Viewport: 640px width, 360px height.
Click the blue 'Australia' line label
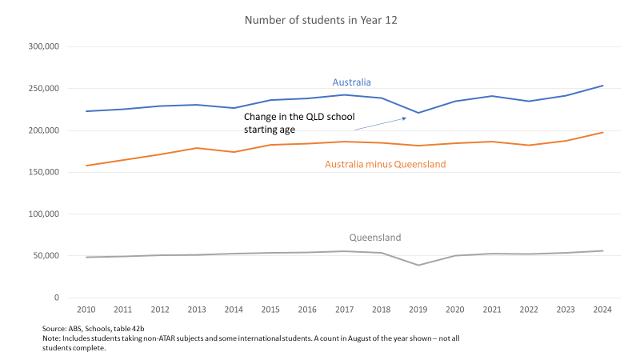click(351, 82)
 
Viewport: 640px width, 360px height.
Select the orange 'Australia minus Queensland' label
click(385, 165)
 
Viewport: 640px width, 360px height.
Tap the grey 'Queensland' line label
click(374, 238)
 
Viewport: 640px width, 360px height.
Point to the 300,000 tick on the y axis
click(43, 47)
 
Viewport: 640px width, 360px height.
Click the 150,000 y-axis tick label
click(43, 172)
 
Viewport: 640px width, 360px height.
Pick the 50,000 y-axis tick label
click(46, 256)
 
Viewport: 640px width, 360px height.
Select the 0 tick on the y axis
click(55, 298)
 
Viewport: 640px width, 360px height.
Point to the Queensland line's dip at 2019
click(418, 265)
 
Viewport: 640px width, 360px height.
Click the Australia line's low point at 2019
click(418, 113)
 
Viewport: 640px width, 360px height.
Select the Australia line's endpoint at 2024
click(602, 86)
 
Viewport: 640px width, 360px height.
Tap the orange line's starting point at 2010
click(86, 166)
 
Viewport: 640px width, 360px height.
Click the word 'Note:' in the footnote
click(54, 338)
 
